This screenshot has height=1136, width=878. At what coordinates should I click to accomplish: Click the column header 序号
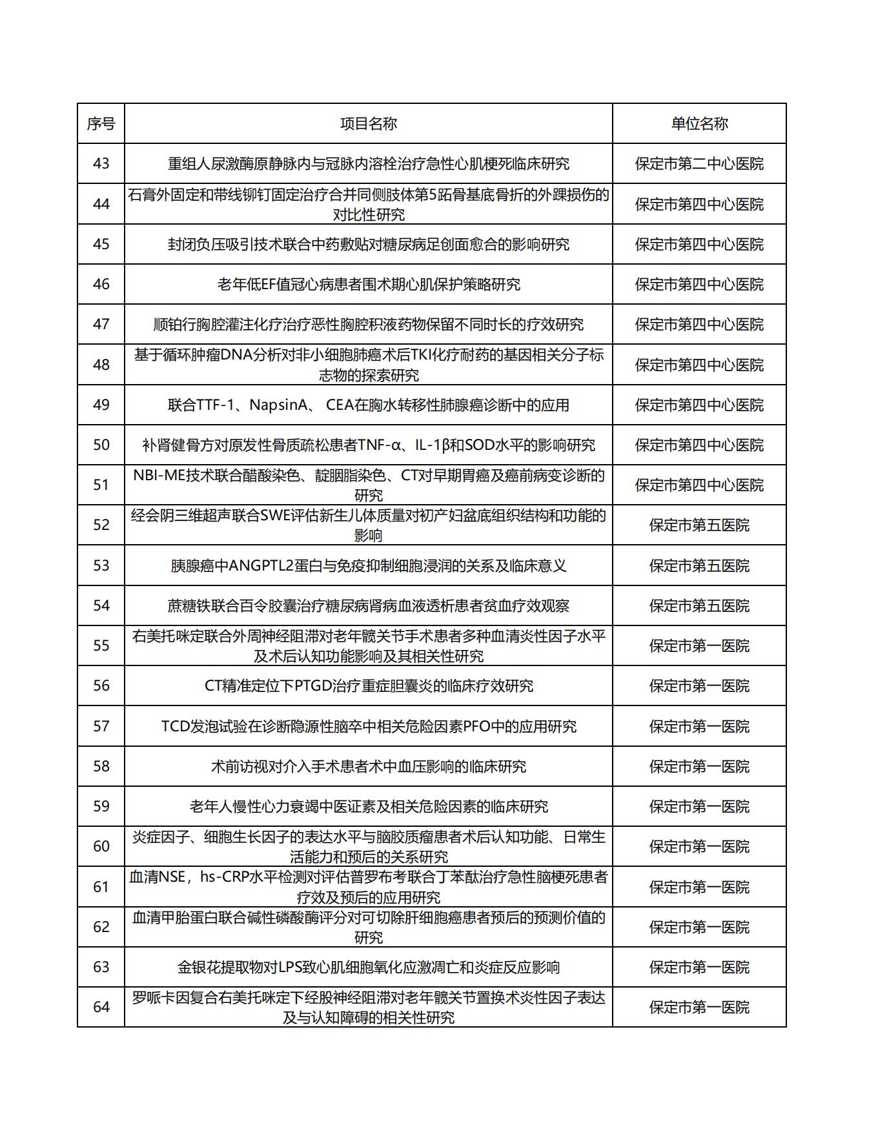[x=101, y=123]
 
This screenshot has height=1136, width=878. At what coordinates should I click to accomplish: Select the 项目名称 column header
[x=368, y=123]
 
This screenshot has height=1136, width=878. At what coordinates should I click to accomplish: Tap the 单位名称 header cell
[x=699, y=123]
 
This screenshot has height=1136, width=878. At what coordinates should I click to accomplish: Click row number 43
[x=101, y=163]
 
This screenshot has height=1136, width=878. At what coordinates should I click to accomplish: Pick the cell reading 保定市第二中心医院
[x=699, y=163]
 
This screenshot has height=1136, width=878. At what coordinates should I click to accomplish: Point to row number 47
[x=101, y=324]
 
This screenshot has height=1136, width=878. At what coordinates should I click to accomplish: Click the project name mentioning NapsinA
[x=368, y=405]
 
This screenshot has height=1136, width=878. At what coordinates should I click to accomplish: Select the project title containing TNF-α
[x=368, y=445]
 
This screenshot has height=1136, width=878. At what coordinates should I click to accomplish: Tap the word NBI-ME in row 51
[x=159, y=476]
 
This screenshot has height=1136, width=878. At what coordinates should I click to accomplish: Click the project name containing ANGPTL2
[x=368, y=565]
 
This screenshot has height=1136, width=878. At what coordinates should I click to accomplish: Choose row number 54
[x=101, y=605]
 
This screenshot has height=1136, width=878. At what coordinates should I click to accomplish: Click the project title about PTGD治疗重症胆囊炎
[x=368, y=685]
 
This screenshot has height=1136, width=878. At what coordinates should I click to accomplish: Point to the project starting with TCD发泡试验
[x=368, y=726]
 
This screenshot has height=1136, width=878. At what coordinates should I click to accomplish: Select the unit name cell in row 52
[x=699, y=525]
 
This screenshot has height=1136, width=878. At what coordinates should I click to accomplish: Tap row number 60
[x=101, y=846]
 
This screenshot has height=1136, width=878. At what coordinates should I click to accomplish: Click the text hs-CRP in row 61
[x=223, y=877]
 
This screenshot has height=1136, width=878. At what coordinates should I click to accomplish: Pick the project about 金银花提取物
[x=368, y=967]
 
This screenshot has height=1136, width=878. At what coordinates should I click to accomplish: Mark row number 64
[x=101, y=1007]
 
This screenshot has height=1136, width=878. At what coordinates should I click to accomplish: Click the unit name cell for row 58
[x=699, y=766]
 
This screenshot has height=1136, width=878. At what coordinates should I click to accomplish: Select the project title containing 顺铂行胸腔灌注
[x=368, y=324]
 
